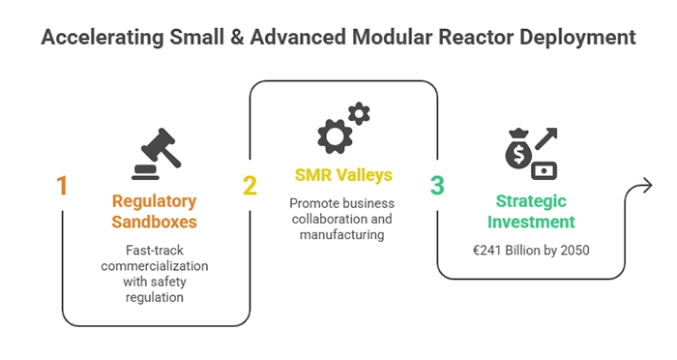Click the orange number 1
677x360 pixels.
coord(62,186)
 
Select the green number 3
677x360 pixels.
coord(437,186)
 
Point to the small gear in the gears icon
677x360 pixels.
coord(359,115)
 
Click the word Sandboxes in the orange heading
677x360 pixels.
coord(154,222)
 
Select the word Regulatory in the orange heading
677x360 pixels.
coord(154,202)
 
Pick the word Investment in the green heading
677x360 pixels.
coord(530,222)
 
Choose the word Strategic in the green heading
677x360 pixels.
coord(530,202)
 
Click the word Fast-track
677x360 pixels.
coord(154,250)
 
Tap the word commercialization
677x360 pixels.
coord(154,265)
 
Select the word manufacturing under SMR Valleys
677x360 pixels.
coord(342,234)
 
